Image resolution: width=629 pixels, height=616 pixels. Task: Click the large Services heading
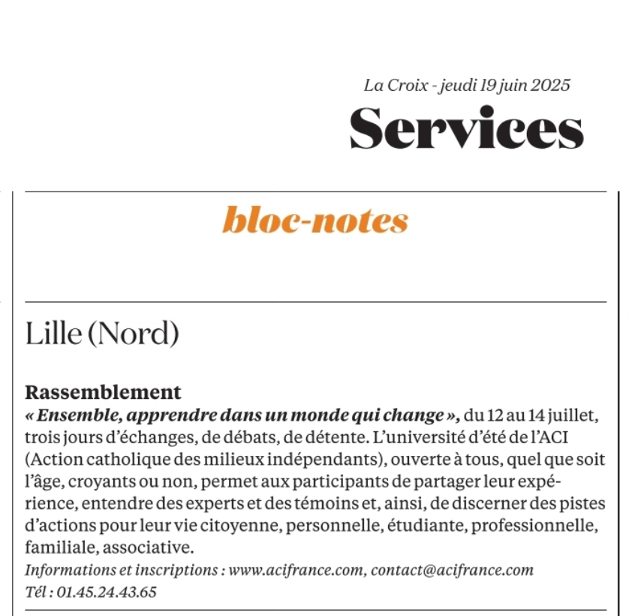click(466, 128)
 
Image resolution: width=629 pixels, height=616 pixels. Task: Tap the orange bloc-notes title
click(315, 221)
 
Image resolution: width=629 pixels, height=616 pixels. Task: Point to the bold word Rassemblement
click(103, 392)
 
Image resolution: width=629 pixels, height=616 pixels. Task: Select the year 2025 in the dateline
click(550, 86)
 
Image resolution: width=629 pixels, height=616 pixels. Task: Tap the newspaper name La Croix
click(396, 86)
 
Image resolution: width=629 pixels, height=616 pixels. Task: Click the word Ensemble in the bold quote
click(74, 414)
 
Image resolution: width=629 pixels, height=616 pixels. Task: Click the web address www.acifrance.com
click(298, 570)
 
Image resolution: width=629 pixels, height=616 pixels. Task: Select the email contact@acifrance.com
click(453, 570)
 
